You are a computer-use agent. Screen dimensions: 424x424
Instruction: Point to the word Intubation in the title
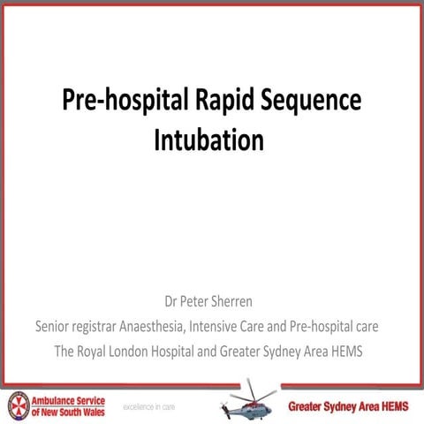pyautogui.click(x=209, y=140)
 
